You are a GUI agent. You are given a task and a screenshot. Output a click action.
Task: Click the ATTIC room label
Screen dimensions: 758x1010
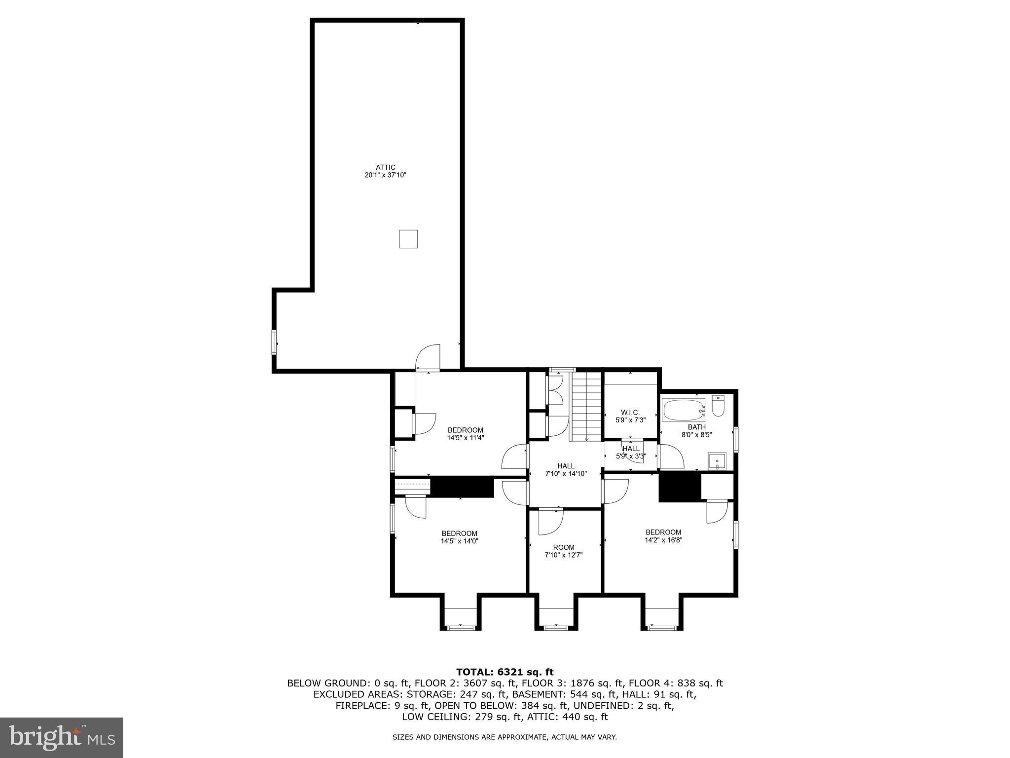385,171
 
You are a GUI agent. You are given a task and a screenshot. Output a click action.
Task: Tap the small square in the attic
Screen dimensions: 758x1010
408,239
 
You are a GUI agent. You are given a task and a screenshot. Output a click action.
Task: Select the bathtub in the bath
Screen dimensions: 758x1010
683,410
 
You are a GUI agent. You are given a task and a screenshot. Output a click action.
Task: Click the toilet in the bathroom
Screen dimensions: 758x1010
718,407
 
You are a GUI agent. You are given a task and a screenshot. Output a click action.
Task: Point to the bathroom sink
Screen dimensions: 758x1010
717,461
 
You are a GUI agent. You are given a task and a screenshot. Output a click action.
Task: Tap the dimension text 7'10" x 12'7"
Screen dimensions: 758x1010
564,555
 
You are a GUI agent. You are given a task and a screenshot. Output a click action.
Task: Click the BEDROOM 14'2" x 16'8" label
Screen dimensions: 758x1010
663,535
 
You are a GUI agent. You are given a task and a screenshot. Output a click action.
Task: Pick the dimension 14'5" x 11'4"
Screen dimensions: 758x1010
465,438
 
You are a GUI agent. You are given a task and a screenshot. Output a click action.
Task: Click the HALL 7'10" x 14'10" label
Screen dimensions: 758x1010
566,469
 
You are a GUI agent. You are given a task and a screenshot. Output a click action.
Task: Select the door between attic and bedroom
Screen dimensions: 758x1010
428,358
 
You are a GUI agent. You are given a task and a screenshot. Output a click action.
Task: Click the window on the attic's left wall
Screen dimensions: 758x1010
274,342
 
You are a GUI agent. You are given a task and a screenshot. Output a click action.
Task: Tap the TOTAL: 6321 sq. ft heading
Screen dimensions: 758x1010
505,672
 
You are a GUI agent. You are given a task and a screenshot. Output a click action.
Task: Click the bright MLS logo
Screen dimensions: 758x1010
61,737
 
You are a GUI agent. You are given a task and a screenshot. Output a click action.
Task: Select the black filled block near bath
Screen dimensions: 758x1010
680,488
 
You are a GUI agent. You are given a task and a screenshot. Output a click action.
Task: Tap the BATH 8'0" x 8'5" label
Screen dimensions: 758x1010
696,431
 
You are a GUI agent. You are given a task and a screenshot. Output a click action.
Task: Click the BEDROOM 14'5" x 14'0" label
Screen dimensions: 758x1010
459,537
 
